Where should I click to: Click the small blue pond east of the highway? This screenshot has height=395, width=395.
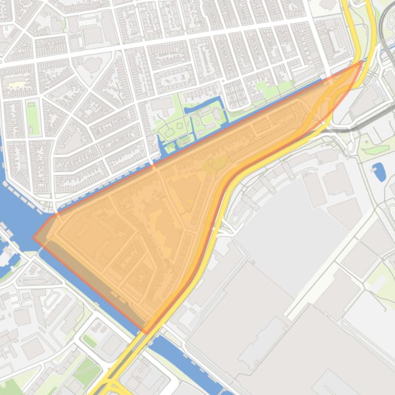pos(379,172)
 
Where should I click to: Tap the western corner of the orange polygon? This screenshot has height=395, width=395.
pos(34,238)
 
